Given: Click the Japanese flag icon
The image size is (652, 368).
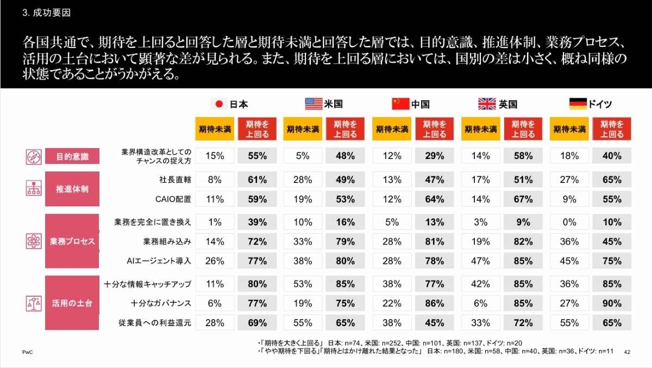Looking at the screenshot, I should [x=219, y=104].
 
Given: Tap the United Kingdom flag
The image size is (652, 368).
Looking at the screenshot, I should [x=487, y=104].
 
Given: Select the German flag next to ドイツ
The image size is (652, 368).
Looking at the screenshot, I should [x=577, y=103].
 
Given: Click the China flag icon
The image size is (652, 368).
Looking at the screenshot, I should [x=400, y=104].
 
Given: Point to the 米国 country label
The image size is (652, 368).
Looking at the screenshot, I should [x=333, y=104].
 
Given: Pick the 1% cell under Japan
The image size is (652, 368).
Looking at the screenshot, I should [x=214, y=222].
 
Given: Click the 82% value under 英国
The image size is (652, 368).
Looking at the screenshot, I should [x=523, y=241].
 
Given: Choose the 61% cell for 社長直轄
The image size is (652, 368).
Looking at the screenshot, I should [x=257, y=179].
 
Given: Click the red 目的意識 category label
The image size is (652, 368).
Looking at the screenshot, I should [x=72, y=157].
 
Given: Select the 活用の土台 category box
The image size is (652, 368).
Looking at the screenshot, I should [x=72, y=303].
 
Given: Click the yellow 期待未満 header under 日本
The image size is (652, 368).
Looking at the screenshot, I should [x=214, y=130].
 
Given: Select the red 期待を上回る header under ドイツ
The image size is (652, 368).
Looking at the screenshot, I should [x=611, y=130].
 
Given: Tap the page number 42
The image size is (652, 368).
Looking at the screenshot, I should [x=628, y=352].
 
